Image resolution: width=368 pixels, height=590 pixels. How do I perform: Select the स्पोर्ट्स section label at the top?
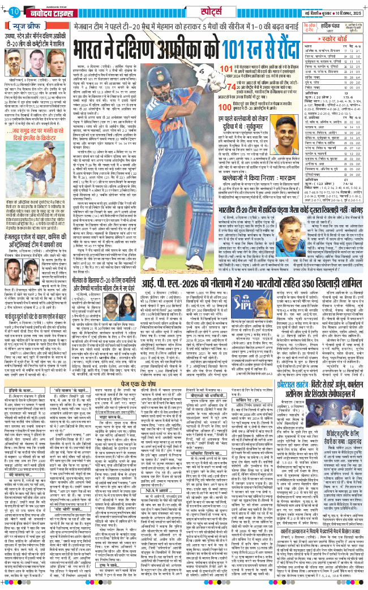point(186,11)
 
